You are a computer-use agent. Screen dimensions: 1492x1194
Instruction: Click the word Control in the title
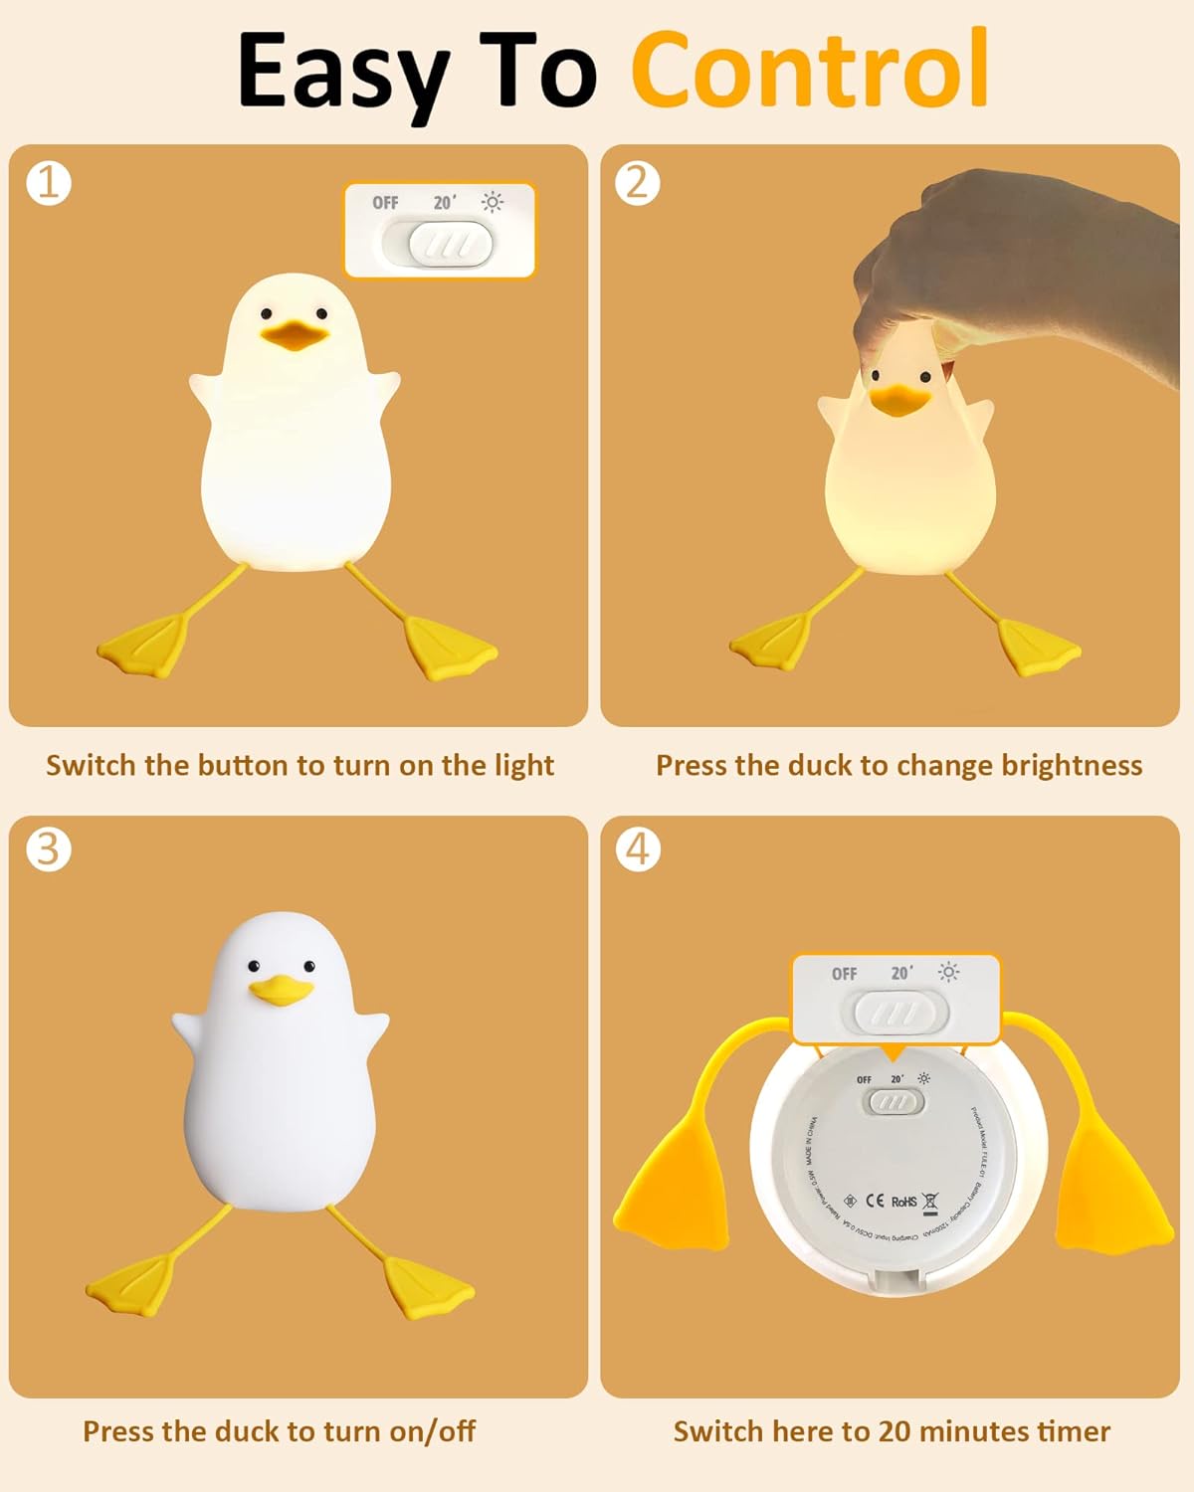pyautogui.click(x=809, y=70)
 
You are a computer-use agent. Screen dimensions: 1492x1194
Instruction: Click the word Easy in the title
pyautogui.click(x=343, y=72)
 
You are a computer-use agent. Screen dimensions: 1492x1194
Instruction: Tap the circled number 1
pyautogui.click(x=49, y=183)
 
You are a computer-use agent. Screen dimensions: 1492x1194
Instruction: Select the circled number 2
pyautogui.click(x=638, y=183)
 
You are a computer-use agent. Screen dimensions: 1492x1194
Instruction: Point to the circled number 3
pyautogui.click(x=49, y=849)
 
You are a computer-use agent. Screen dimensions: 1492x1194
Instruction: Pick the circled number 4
pyautogui.click(x=638, y=849)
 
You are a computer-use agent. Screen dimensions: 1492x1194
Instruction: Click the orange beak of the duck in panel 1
pyautogui.click(x=295, y=335)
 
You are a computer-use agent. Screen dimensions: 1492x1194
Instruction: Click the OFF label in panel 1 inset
pyautogui.click(x=385, y=203)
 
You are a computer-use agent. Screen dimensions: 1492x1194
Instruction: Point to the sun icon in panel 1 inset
pyautogui.click(x=492, y=202)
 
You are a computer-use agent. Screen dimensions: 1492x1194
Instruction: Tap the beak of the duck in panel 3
pyautogui.click(x=281, y=991)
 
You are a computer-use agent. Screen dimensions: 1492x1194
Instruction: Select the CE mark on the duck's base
pyautogui.click(x=875, y=1201)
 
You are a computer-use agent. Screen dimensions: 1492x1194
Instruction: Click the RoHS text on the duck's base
pyautogui.click(x=903, y=1202)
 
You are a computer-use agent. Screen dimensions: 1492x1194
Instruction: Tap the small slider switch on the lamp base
pyautogui.click(x=895, y=1102)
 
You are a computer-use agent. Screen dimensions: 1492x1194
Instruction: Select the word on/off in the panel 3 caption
pyautogui.click(x=432, y=1431)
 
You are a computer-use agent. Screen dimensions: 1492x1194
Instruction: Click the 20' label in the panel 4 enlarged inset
pyautogui.click(x=901, y=973)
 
